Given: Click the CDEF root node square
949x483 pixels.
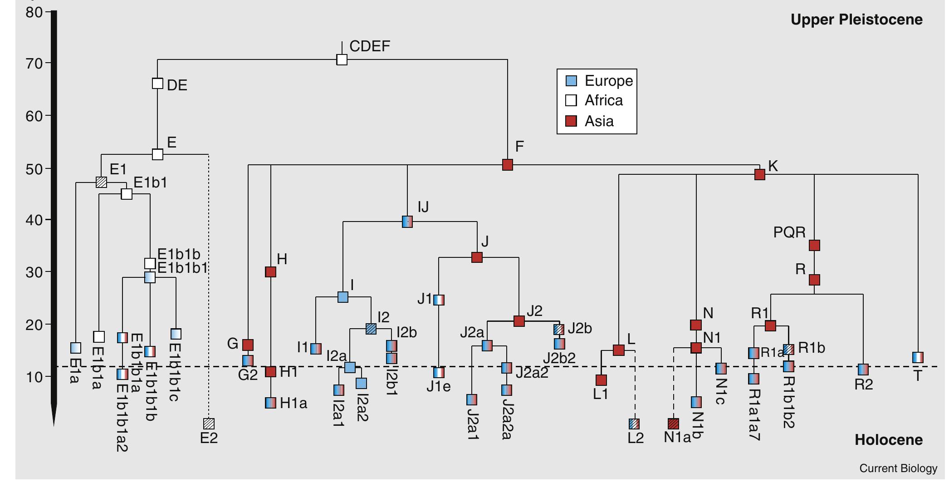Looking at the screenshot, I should tap(342, 59).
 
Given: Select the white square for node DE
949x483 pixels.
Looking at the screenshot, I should tap(157, 84).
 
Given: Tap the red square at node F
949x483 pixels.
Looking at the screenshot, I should tap(508, 165).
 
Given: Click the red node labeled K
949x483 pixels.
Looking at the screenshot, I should tap(760, 174).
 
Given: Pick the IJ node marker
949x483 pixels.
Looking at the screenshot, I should tap(407, 222).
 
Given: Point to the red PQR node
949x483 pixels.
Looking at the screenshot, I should tap(815, 246).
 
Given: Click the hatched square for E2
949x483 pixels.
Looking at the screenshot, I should tap(209, 424).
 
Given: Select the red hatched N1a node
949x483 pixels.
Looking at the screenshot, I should tap(674, 424).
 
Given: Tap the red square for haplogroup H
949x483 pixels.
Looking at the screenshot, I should tap(270, 272).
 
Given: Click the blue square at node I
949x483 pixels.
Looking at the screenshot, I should tap(343, 297).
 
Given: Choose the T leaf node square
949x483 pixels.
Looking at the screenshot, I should tap(918, 357).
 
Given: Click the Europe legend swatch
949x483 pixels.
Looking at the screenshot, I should tap(571, 81).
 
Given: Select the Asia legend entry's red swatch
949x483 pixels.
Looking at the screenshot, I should tap(571, 121).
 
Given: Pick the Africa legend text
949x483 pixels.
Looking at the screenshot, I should tap(603, 101).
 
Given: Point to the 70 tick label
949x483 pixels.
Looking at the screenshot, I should tap(34, 63).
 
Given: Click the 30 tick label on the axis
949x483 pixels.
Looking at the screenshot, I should tap(34, 272).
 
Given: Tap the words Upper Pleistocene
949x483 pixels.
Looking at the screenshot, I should tap(856, 20).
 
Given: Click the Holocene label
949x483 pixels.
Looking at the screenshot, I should tap(888, 439).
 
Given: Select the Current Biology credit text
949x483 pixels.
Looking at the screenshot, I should tap(898, 468).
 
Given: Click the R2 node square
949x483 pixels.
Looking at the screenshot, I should tap(863, 370).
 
